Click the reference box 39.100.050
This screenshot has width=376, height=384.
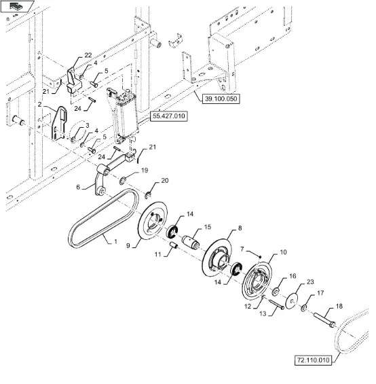click(221, 99)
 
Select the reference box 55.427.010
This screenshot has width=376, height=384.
click(169, 116)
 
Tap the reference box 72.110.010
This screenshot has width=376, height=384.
click(313, 360)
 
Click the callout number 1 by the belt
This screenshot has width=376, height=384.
click(115, 241)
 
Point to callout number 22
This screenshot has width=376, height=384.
click(88, 55)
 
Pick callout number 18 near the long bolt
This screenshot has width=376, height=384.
click(339, 306)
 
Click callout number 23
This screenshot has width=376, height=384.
click(310, 282)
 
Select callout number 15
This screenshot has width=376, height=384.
click(208, 227)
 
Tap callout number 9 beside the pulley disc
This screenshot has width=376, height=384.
click(128, 245)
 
